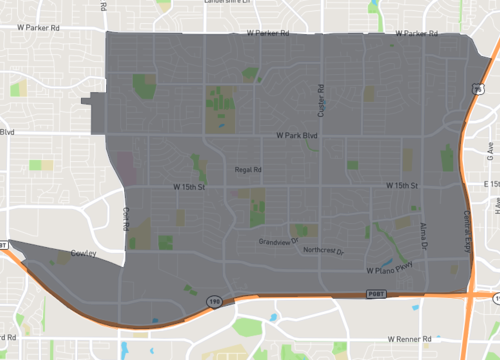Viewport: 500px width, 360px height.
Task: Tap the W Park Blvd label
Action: (297, 134)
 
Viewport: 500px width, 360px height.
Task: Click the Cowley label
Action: (84, 253)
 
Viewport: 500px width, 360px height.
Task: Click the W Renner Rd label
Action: (397, 339)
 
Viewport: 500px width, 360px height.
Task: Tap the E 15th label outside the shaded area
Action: (490, 185)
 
